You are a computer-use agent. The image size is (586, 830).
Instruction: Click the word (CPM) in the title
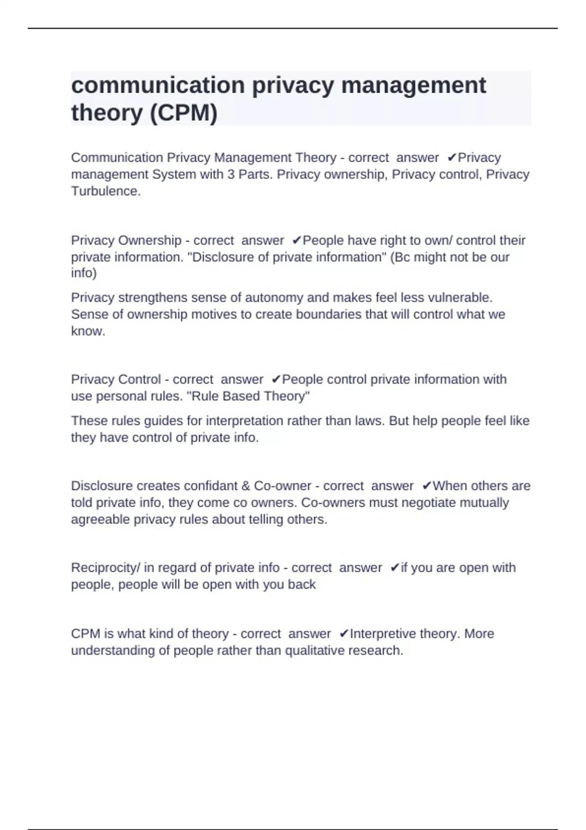pos(183,113)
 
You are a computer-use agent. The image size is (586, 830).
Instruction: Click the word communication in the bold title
pos(158,85)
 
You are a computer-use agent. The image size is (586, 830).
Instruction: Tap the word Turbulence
pos(105,191)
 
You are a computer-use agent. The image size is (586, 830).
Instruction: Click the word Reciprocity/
pos(105,568)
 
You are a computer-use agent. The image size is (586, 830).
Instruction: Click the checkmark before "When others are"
pos(426,486)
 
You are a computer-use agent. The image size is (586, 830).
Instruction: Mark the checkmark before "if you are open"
pos(395,568)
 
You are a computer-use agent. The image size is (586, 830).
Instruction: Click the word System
pos(174,174)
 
